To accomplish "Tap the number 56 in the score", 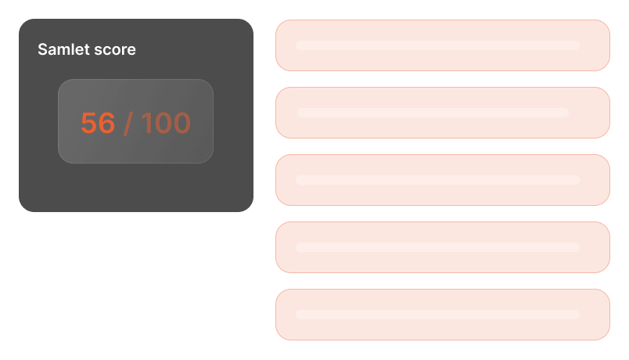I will (98, 123).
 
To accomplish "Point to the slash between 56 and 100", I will (128, 123).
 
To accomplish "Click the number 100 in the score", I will (166, 123).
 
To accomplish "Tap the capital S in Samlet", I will (42, 50).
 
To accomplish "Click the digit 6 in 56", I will (107, 123).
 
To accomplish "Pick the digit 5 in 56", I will (88, 123).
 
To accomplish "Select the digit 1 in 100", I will (146, 123).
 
